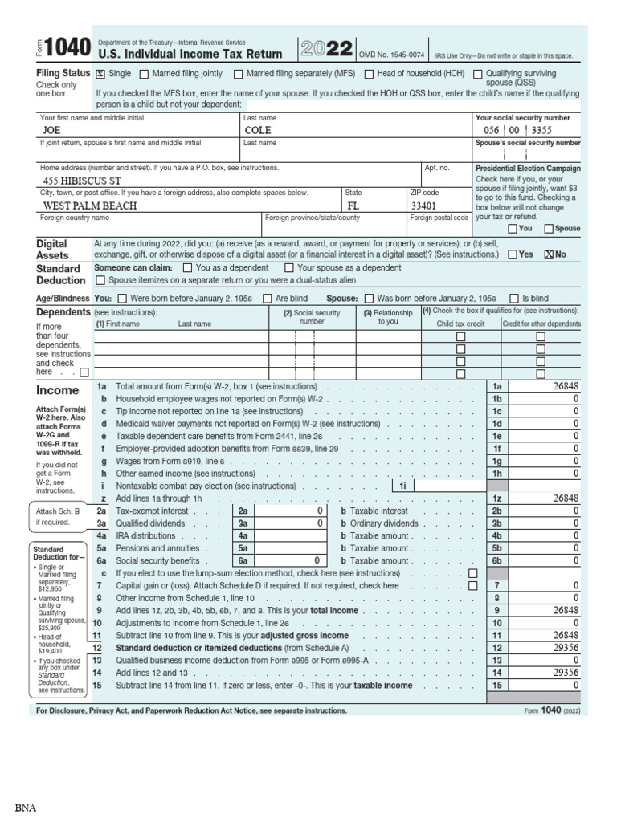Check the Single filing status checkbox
click(100, 74)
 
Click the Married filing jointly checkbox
click(145, 74)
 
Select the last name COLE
click(258, 130)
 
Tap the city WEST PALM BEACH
click(90, 205)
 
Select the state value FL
click(353, 205)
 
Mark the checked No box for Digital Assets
click(550, 254)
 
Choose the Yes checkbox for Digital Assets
click(513, 254)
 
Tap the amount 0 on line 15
click(575, 686)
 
